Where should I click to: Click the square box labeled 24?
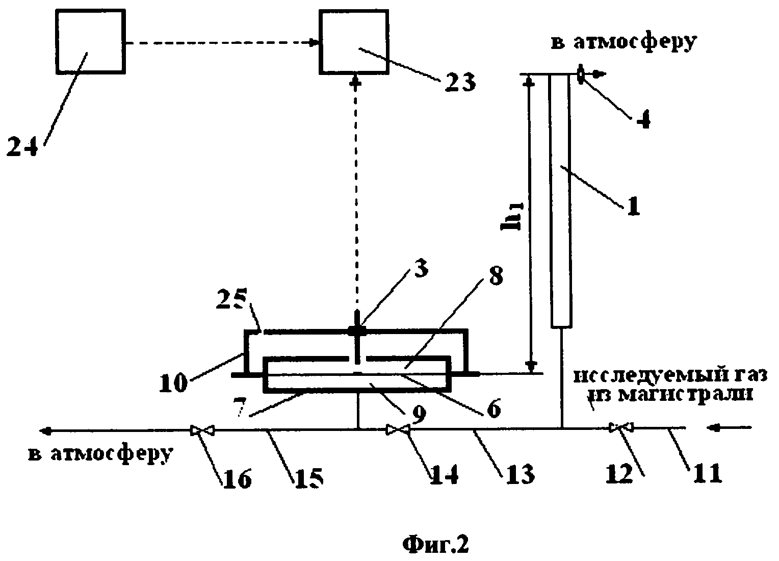point(90,42)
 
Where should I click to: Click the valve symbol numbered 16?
point(202,431)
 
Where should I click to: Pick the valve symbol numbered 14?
point(398,430)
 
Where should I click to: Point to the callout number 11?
point(708,473)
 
